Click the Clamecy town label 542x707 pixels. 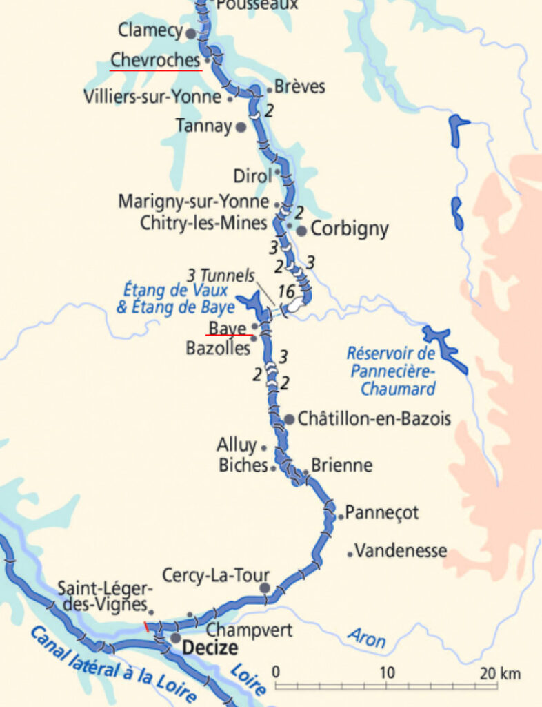150,30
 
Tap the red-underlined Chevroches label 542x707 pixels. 156,61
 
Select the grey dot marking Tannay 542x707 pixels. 241,127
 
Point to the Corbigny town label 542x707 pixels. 350,229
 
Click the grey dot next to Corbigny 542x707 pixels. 301,231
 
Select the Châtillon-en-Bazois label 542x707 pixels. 374,418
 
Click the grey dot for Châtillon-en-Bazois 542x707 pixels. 289,419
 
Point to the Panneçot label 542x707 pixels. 382,513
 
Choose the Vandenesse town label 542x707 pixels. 401,551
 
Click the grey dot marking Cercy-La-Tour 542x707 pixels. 265,588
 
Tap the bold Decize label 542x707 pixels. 210,648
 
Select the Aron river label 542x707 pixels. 366,638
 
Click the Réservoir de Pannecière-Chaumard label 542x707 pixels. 391,371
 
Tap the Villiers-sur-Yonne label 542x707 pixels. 152,97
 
